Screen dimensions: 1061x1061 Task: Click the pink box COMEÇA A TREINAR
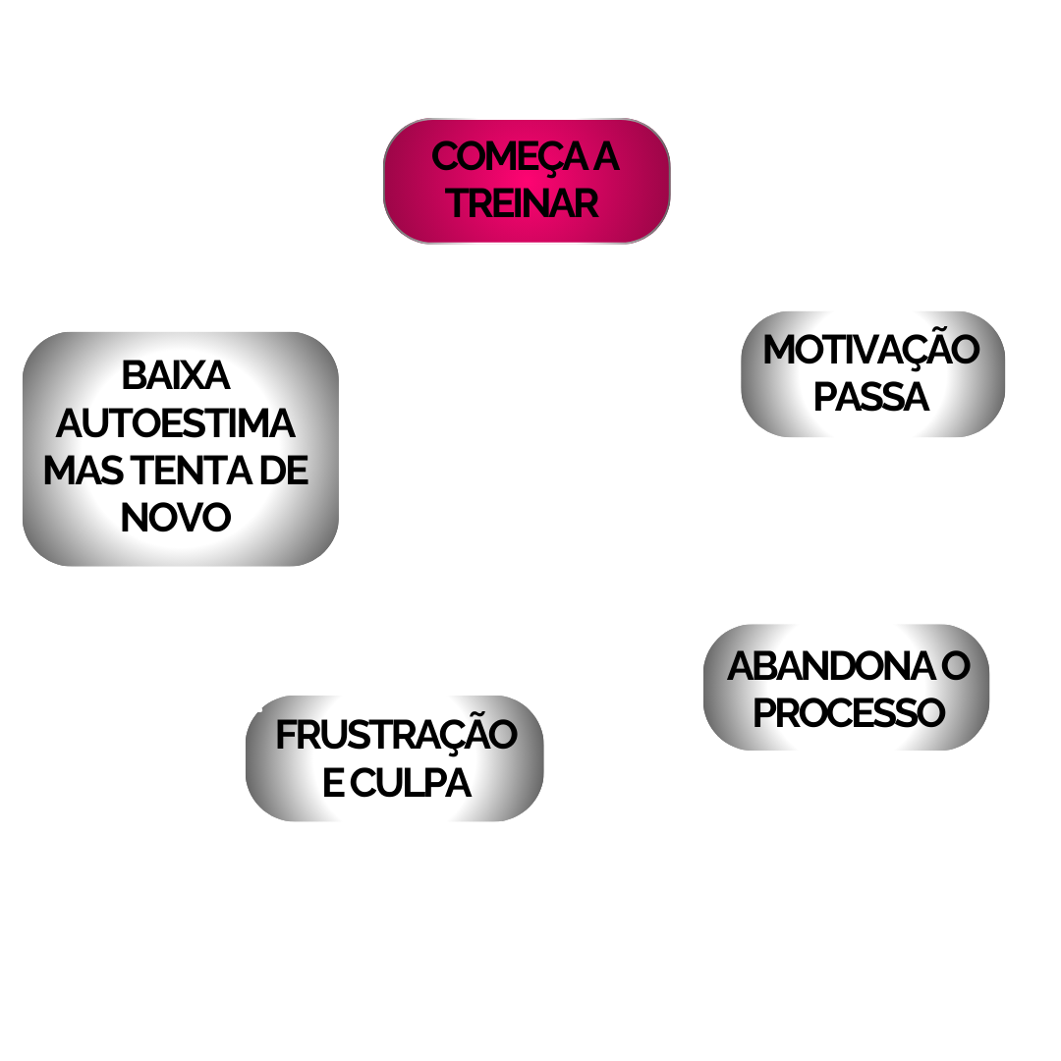pos(527,181)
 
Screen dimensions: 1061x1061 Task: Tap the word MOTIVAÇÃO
pos(870,350)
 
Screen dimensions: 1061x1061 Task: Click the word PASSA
pos(871,397)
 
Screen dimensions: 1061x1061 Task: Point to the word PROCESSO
pos(848,713)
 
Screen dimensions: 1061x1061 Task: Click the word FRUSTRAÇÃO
pos(395,736)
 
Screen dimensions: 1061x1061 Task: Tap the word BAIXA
pos(175,375)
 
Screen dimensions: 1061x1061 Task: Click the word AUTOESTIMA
pos(176,423)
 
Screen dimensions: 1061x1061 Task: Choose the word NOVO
pos(176,518)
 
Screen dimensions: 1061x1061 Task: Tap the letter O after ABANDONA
pos(954,666)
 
